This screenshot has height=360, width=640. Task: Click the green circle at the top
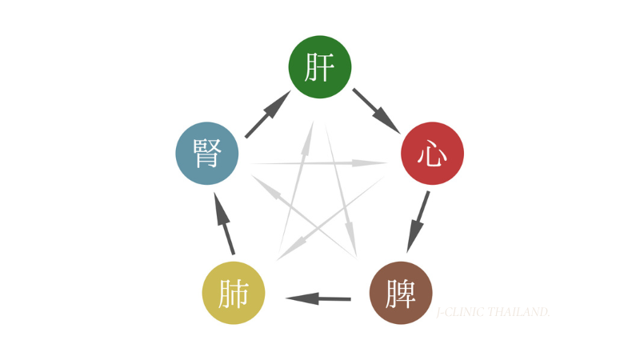tap(320, 67)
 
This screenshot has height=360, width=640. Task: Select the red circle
tap(432, 154)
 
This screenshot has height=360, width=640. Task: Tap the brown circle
tap(401, 293)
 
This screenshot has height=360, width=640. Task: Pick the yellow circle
tap(234, 293)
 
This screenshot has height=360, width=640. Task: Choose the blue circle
tap(207, 154)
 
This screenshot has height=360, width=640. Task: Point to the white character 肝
tap(319, 67)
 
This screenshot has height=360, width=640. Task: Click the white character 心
tap(432, 154)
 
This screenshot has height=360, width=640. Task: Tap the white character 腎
tap(207, 154)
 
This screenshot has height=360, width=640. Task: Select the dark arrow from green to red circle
tap(376, 111)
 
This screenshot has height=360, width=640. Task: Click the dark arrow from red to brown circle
tap(418, 222)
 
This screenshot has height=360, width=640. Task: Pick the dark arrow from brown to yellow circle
tap(318, 298)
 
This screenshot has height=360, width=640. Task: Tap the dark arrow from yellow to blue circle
tap(224, 224)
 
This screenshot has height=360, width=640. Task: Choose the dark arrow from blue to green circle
tap(268, 114)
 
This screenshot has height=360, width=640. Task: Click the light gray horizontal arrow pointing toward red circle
tap(319, 163)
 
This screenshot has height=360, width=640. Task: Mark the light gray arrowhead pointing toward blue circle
tap(266, 186)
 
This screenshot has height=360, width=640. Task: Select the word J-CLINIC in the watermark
tap(461, 312)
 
